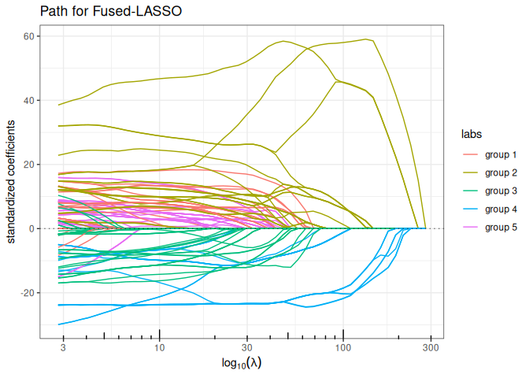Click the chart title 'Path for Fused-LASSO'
coord(111,11)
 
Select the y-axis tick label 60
coord(29,36)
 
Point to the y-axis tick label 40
coord(29,100)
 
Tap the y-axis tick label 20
coord(29,165)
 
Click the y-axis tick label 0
coord(32,228)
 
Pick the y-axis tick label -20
coord(28,293)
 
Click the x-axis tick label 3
coord(63,347)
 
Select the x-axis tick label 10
coord(160,347)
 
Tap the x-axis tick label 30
coord(247,347)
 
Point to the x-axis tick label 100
coord(343,347)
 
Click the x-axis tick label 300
coord(431,347)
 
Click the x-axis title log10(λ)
coord(242,363)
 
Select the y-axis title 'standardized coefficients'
coord(11,182)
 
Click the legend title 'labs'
coord(472,134)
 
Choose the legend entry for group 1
coord(490,155)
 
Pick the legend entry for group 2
coord(490,172)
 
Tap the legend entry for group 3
coord(490,191)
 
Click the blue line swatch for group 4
coord(470,209)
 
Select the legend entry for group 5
coord(490,228)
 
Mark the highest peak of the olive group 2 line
coord(366,39)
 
